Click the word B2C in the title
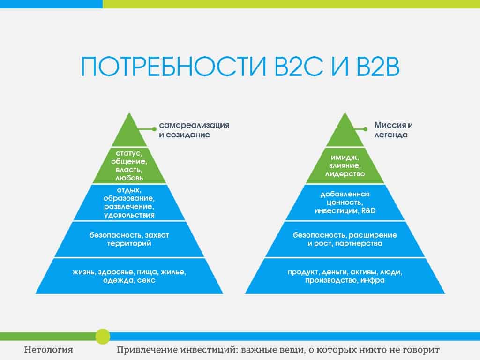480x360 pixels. point(299,66)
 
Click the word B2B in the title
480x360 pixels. point(378,66)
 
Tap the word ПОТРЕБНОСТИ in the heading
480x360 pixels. point(173,66)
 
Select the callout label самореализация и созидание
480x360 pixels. point(194,130)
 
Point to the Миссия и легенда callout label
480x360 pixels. point(393,130)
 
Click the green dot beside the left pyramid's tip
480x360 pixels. point(154,129)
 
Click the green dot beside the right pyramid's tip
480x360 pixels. point(365,129)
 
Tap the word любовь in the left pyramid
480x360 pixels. point(129,178)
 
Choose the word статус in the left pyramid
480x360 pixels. point(129,153)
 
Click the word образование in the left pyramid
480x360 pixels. point(129,198)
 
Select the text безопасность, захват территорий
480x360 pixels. point(129,240)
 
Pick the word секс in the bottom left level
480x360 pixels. point(146,280)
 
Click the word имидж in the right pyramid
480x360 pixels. point(345,157)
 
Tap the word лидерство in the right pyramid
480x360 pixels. point(345,174)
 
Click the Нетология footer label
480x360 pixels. point(48,350)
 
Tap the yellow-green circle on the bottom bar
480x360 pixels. point(103,337)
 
